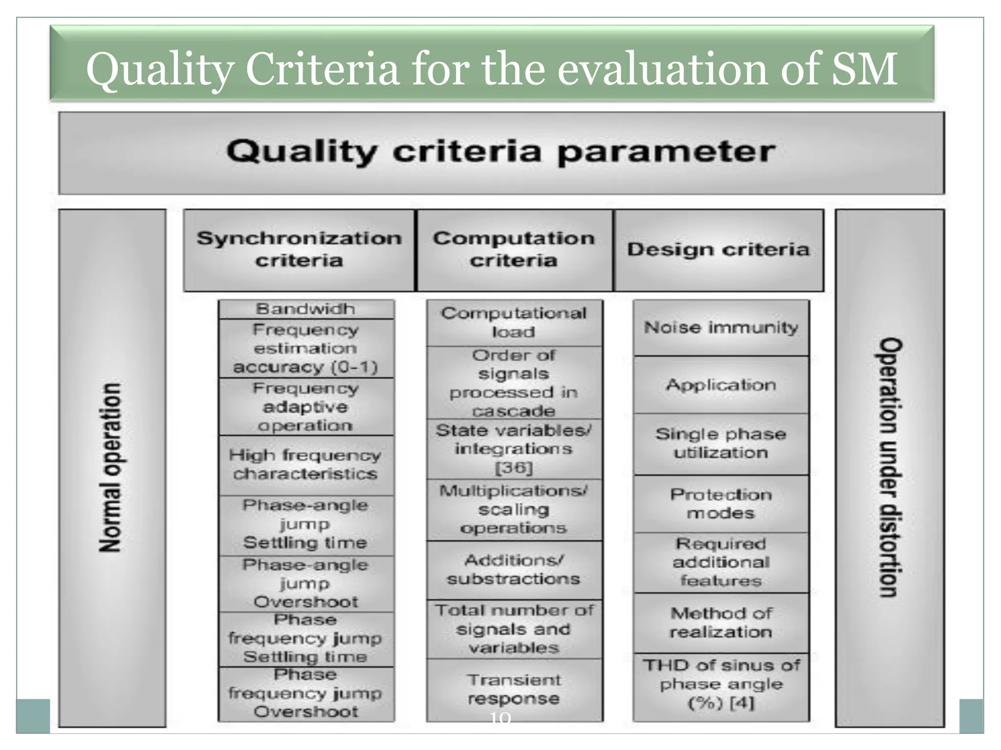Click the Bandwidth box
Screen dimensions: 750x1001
pyautogui.click(x=306, y=309)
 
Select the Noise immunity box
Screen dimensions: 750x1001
pyautogui.click(x=721, y=327)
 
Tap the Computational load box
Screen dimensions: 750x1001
pyautogui.click(x=514, y=322)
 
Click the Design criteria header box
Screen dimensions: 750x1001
pyautogui.click(x=718, y=250)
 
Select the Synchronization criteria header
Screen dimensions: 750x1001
pyautogui.click(x=299, y=250)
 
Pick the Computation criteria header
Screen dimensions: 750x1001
pyautogui.click(x=514, y=250)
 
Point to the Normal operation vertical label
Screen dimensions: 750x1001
pyautogui.click(x=111, y=467)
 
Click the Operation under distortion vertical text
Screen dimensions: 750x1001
pyautogui.click(x=889, y=467)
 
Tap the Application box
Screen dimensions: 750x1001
pyautogui.click(x=721, y=385)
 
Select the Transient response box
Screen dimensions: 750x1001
pyautogui.click(x=514, y=689)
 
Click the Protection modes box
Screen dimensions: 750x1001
pyautogui.click(x=721, y=503)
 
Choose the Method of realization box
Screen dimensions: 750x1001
pyautogui.click(x=721, y=623)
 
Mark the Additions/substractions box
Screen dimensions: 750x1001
pyautogui.click(x=514, y=569)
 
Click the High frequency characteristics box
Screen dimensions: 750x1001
pyautogui.click(x=305, y=464)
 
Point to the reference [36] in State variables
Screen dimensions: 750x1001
pyautogui.click(x=514, y=468)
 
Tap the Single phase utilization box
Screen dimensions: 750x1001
pyautogui.click(x=721, y=443)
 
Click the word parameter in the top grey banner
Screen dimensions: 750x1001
pyautogui.click(x=666, y=152)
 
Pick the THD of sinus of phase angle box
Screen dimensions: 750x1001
pyautogui.click(x=721, y=685)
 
